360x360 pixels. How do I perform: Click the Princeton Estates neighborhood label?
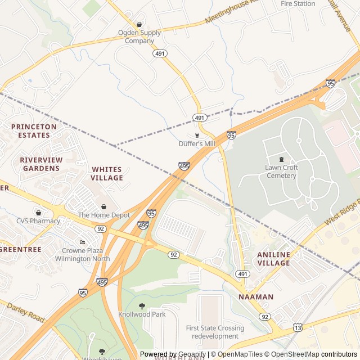pos(34,130)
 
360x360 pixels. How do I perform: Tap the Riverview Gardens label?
pos(39,164)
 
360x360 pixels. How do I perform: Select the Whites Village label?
pos(107,173)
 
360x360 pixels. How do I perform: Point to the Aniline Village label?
pos(273,259)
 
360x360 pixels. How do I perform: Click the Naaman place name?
pos(256,296)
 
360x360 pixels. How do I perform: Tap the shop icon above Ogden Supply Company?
pos(139,24)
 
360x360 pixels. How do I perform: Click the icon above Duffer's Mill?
pos(197,135)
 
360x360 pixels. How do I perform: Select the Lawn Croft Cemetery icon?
pos(281,159)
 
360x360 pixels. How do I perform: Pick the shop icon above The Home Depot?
pos(103,206)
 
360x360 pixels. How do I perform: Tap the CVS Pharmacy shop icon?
pos(38,213)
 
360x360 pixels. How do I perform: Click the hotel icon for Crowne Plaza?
pos(83,242)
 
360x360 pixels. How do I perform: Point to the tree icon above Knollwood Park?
pos(141,306)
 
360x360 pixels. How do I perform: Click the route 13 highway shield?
pos(297,327)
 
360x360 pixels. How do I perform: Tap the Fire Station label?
pos(298,3)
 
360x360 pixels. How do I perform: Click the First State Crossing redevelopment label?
pos(215,332)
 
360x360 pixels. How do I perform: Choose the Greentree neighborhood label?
pos(20,249)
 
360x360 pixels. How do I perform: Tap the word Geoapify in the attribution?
pos(192,354)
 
